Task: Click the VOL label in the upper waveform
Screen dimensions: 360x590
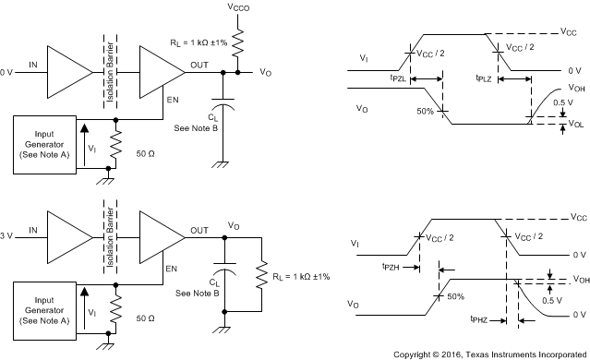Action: (578, 124)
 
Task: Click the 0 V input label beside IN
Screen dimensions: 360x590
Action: (7, 70)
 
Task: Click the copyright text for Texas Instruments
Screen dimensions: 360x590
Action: (488, 353)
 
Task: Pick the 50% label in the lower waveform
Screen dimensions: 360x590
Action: (454, 296)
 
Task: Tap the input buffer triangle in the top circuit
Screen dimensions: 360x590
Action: (67, 70)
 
